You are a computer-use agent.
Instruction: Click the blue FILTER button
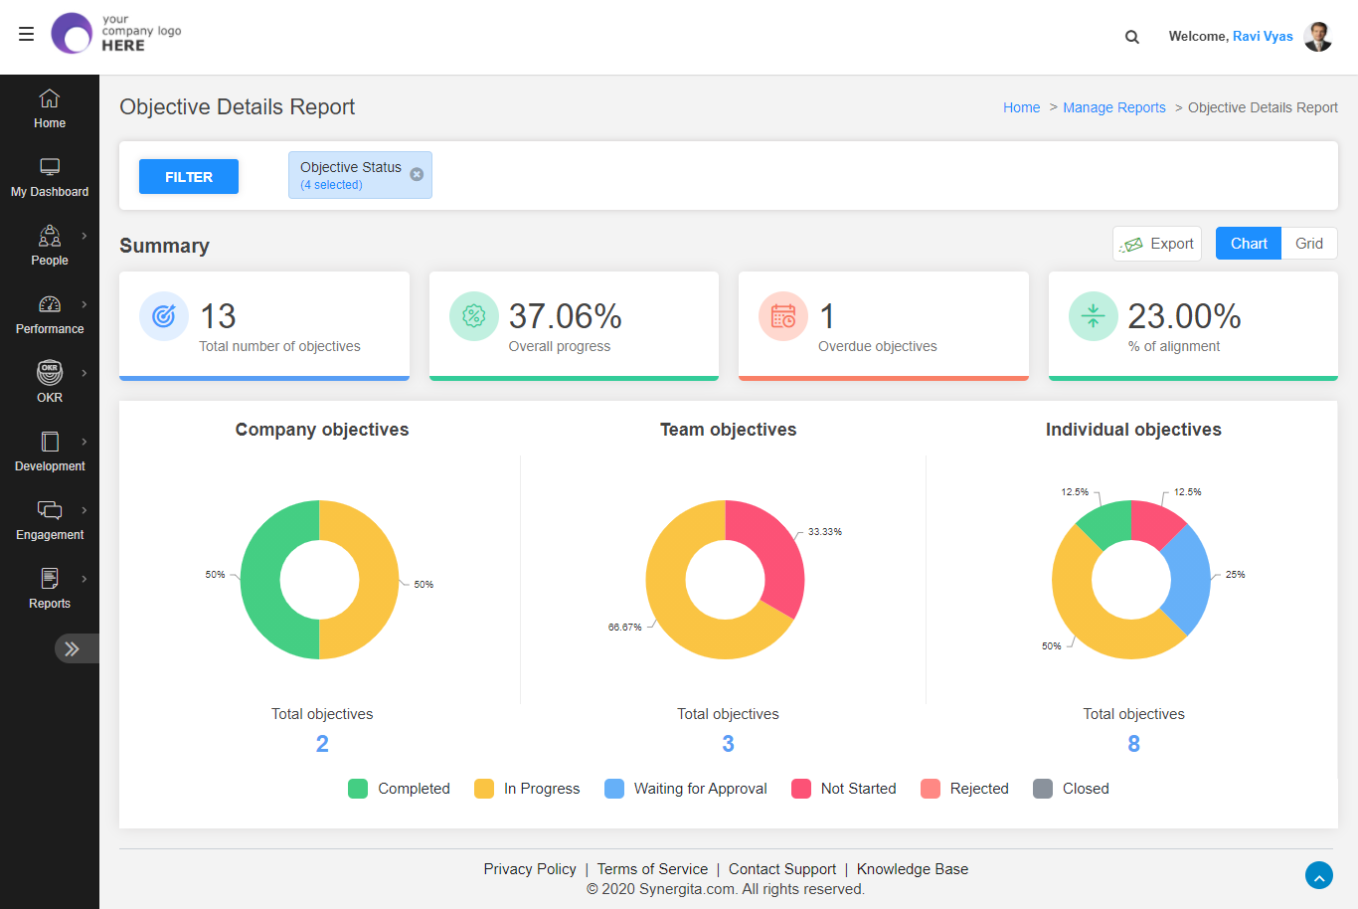pyautogui.click(x=189, y=177)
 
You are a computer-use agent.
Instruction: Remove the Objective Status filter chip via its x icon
pyautogui.click(x=417, y=174)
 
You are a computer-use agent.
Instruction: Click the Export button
pyautogui.click(x=1157, y=244)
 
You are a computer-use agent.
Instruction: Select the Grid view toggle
pyautogui.click(x=1308, y=244)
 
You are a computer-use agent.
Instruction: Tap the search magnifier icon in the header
pyautogui.click(x=1131, y=37)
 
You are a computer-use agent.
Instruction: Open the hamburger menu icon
pyautogui.click(x=26, y=34)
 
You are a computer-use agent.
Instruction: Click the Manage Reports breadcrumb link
pyautogui.click(x=1113, y=107)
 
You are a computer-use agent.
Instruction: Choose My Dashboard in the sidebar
pyautogui.click(x=50, y=178)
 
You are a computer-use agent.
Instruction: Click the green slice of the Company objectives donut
pyautogui.click(x=260, y=580)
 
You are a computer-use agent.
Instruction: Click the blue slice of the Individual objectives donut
pyautogui.click(x=1189, y=580)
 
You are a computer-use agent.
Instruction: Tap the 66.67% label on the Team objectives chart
pyautogui.click(x=624, y=628)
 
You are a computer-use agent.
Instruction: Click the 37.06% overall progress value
pyautogui.click(x=565, y=316)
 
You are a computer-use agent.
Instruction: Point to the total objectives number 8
pyautogui.click(x=1133, y=744)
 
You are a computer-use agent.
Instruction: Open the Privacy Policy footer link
pyautogui.click(x=530, y=869)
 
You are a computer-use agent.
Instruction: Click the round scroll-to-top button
pyautogui.click(x=1318, y=876)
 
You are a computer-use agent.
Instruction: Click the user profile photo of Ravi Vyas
pyautogui.click(x=1317, y=37)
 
